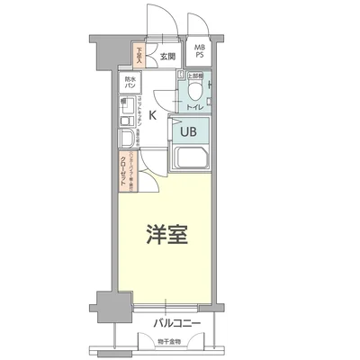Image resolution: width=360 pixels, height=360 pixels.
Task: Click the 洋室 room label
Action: (168, 237)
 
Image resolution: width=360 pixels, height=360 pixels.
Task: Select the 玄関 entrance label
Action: (166, 58)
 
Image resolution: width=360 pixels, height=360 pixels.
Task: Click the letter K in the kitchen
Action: (153, 115)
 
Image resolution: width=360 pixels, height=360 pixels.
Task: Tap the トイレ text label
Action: (193, 107)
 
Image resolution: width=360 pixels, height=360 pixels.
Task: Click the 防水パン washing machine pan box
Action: (130, 82)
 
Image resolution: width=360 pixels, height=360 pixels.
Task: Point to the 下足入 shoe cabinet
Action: (139, 56)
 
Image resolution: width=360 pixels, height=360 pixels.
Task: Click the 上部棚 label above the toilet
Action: (192, 76)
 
